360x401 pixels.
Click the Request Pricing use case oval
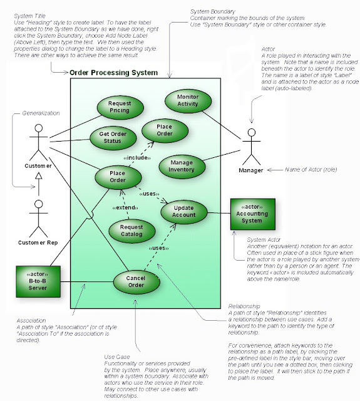pyautogui.click(x=119, y=106)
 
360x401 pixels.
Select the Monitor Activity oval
pyautogui.click(x=187, y=101)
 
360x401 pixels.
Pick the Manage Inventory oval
pyautogui.click(x=182, y=165)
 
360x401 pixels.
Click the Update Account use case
pyautogui.click(x=185, y=211)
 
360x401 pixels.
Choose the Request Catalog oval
pyautogui.click(x=131, y=231)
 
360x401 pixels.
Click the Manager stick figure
pyautogui.click(x=251, y=145)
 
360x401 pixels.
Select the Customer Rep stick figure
pyautogui.click(x=39, y=216)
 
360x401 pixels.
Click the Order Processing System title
pyautogui.click(x=113, y=73)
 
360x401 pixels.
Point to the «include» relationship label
pyautogui.click(x=137, y=157)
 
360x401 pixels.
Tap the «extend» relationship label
pyautogui.click(x=125, y=207)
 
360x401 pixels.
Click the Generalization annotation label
pyautogui.click(x=41, y=113)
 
